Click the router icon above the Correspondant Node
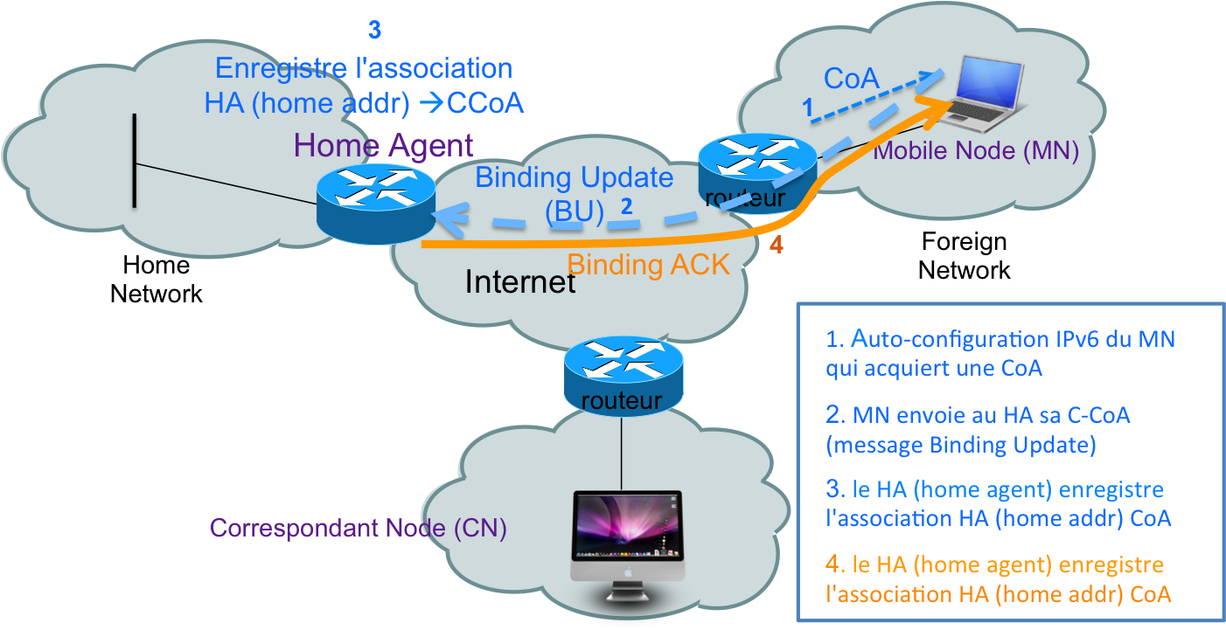point(622,374)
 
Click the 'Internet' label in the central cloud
point(519,282)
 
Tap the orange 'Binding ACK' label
point(648,264)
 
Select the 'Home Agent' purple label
point(384,145)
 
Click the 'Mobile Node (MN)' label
point(977,150)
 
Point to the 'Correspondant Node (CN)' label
point(359,529)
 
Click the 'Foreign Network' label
point(964,256)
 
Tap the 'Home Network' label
point(157,279)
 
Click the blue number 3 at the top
point(374,30)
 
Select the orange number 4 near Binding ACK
point(776,246)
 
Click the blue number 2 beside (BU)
point(626,207)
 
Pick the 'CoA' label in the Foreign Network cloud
point(851,79)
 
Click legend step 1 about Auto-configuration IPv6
point(1000,353)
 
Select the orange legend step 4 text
point(998,579)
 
